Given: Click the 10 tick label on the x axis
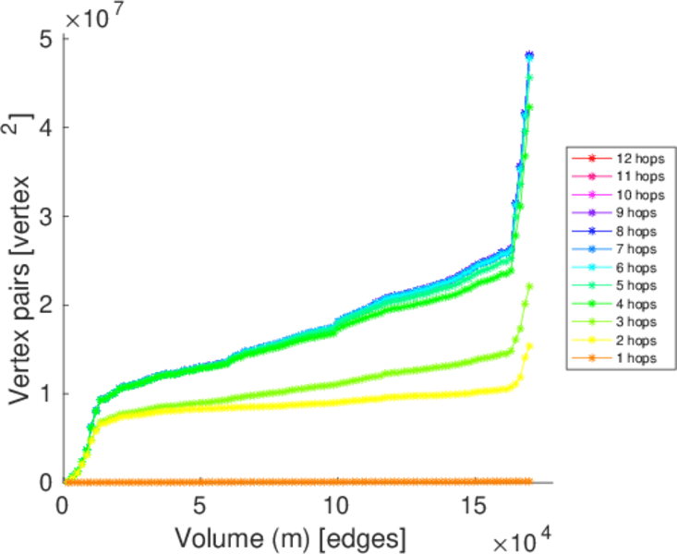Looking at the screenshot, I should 337,506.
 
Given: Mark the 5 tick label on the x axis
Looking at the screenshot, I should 199,506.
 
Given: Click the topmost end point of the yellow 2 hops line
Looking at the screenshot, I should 529,346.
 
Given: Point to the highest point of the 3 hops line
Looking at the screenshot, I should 529,286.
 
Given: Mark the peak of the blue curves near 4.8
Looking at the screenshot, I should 529,55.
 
